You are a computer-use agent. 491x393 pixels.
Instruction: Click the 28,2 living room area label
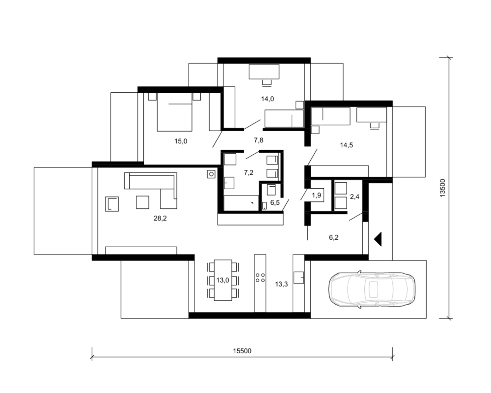coord(160,218)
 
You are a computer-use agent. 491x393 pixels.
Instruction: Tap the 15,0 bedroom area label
coord(181,141)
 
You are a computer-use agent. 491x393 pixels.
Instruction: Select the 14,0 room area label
coord(267,99)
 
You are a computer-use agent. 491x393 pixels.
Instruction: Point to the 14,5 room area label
coord(346,145)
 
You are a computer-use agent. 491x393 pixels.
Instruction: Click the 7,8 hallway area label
coord(259,140)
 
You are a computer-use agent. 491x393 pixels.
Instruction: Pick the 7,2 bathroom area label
coord(248,173)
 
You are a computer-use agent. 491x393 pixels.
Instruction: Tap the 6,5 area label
coord(275,202)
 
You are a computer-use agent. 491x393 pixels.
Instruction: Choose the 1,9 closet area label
coord(317,195)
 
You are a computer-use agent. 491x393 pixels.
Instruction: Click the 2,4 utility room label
coord(355,196)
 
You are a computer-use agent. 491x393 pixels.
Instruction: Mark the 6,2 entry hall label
coord(334,237)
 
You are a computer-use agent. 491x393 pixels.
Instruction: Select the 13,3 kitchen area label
coord(281,284)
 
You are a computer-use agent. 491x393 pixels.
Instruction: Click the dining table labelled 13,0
coord(223,280)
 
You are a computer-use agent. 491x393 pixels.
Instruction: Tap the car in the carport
coord(372,289)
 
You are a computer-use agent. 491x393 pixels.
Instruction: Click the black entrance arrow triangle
coord(379,239)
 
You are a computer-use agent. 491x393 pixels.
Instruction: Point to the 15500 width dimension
coord(242,351)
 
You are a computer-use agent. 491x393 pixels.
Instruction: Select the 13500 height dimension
coord(442,188)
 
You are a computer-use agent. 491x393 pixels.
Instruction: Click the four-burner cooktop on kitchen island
coord(260,278)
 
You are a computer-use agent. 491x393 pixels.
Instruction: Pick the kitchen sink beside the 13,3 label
coord(299,278)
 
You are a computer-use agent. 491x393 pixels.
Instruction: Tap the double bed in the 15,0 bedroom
coord(174,112)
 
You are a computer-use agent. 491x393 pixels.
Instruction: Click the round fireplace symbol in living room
coord(211,174)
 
